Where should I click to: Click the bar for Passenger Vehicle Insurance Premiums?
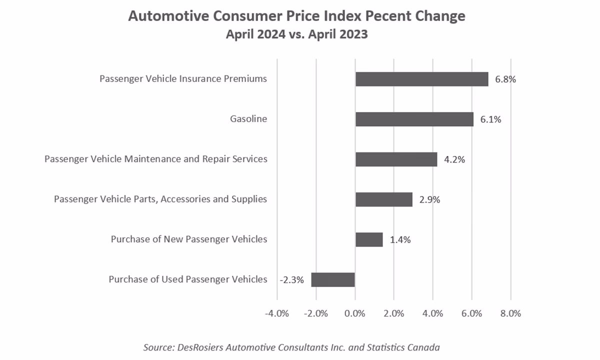(421, 79)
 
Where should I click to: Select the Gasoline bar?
(414, 119)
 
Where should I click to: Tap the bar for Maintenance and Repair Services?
(396, 159)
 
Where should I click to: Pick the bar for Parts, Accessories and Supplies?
(383, 199)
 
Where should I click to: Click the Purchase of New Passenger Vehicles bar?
(369, 239)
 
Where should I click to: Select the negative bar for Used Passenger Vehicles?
(333, 279)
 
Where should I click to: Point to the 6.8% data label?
(505, 79)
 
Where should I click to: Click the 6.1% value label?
(490, 119)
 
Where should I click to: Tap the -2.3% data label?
(292, 279)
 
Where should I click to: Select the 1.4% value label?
(400, 239)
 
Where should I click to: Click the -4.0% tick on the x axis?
(277, 314)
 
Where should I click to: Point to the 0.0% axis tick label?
(355, 314)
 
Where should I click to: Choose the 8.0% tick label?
(510, 314)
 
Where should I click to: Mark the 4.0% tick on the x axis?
(432, 314)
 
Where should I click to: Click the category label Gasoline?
(248, 119)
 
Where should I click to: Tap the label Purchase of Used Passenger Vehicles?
(188, 279)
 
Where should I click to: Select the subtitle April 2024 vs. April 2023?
(296, 35)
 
